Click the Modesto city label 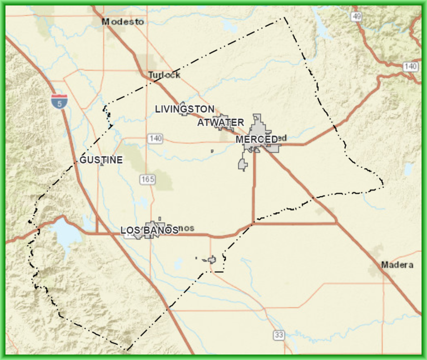click(123, 22)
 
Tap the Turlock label click(164, 75)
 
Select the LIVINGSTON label click(184, 108)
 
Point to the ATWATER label click(221, 122)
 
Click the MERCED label click(256, 139)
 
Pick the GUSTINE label click(101, 159)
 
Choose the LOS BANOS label click(149, 230)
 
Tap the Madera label click(397, 265)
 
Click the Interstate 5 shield click(59, 101)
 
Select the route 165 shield click(147, 179)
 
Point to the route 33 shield click(279, 335)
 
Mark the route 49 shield click(356, 17)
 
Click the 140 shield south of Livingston click(155, 138)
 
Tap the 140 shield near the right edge click(410, 67)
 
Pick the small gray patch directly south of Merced click(242, 164)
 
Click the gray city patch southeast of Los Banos click(211, 259)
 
